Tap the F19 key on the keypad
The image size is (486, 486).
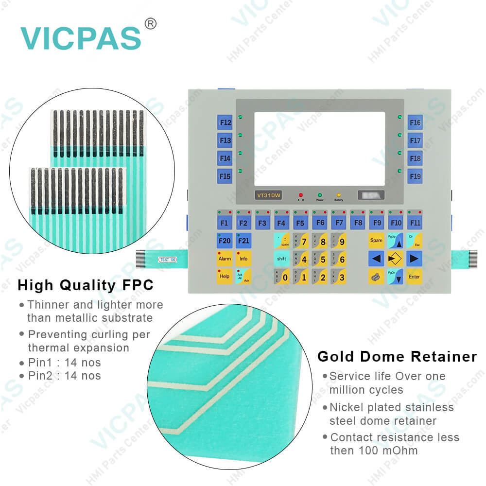pyautogui.click(x=415, y=176)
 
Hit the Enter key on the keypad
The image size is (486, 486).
pyautogui.click(x=414, y=277)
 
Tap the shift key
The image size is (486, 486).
pyautogui.click(x=281, y=259)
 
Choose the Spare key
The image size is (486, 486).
pyautogui.click(x=376, y=241)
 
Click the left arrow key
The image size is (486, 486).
pyautogui.click(x=376, y=259)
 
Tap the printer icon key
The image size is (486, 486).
pyautogui.click(x=376, y=277)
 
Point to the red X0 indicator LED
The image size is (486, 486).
pyautogui.click(x=301, y=194)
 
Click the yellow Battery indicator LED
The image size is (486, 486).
pyautogui.click(x=338, y=194)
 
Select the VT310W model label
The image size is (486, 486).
pyautogui.click(x=269, y=195)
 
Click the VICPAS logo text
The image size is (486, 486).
pyautogui.click(x=81, y=38)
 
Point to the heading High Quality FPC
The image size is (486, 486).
pyautogui.click(x=86, y=285)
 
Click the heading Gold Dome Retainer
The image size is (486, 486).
pyautogui.click(x=397, y=357)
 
